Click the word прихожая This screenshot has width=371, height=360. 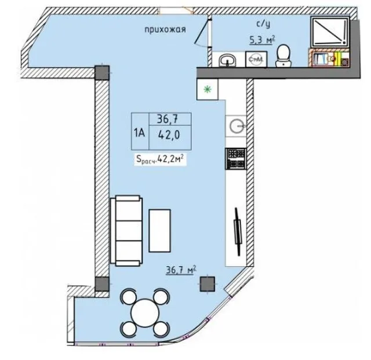pyautogui.click(x=165, y=30)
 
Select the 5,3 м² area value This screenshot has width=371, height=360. pyautogui.click(x=263, y=40)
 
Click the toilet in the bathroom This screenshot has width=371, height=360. pyautogui.click(x=283, y=56)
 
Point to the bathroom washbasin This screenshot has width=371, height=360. pyautogui.click(x=227, y=60)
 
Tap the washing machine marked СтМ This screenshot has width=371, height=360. pyautogui.click(x=256, y=59)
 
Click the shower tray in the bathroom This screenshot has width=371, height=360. pyautogui.click(x=330, y=32)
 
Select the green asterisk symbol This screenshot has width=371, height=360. pyautogui.click(x=208, y=89)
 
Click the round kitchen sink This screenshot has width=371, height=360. pyautogui.click(x=236, y=126)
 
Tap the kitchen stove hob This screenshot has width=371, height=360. pyautogui.click(x=236, y=158)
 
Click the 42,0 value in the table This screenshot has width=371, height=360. pyautogui.click(x=169, y=135)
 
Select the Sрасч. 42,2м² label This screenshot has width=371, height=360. pyautogui.click(x=160, y=159)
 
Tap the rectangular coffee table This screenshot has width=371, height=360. pyautogui.click(x=160, y=231)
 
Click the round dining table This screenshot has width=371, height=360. pyautogui.click(x=145, y=312)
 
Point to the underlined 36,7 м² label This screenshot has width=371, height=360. pyautogui.click(x=181, y=270)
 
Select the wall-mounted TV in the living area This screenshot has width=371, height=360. pyautogui.click(x=237, y=231)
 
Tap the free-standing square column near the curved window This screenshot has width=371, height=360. pyautogui.click(x=208, y=284)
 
